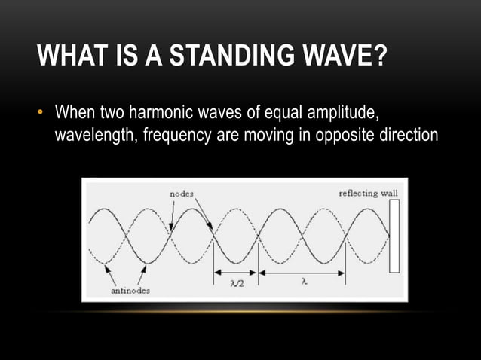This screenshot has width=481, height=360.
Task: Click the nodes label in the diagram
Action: [179, 194]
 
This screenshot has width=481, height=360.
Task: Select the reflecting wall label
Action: [368, 194]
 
